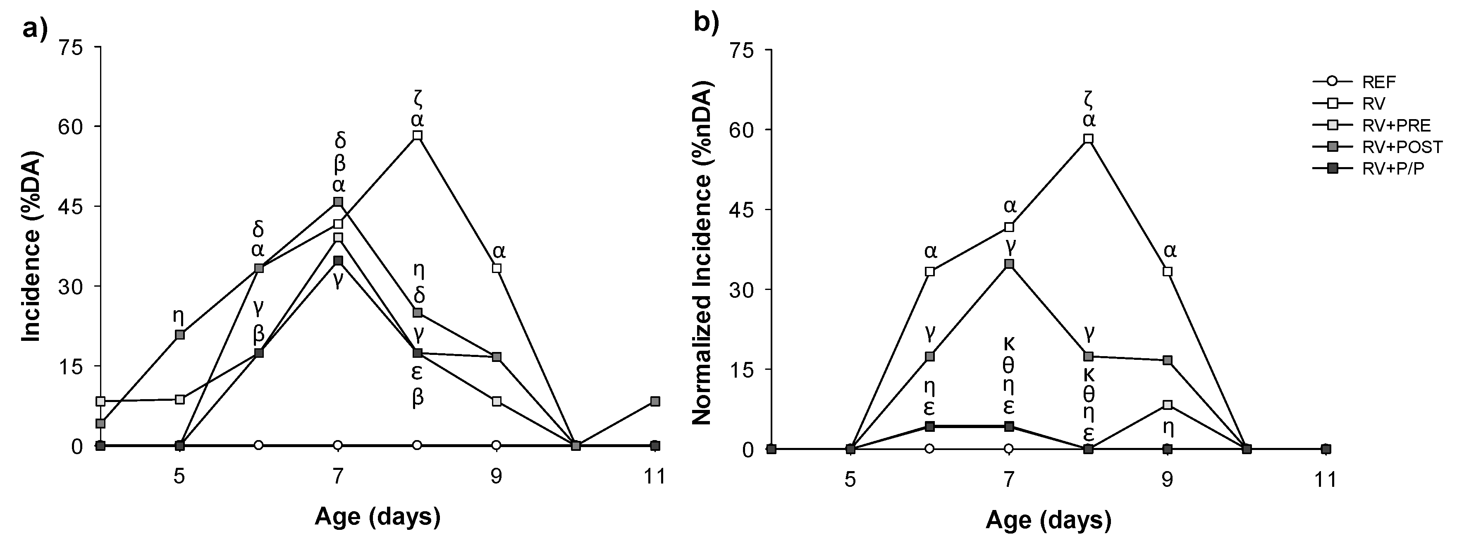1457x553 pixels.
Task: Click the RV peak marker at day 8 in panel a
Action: [418, 135]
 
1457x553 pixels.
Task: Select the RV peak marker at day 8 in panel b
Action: [1088, 139]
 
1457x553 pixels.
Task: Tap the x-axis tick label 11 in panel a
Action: [655, 476]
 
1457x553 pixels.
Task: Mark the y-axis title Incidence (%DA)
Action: [33, 246]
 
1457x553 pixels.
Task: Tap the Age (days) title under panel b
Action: [1048, 519]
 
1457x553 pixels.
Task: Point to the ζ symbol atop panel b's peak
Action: [1089, 100]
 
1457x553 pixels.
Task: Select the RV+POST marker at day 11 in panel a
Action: [655, 401]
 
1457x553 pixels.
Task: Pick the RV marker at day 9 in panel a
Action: [497, 268]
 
